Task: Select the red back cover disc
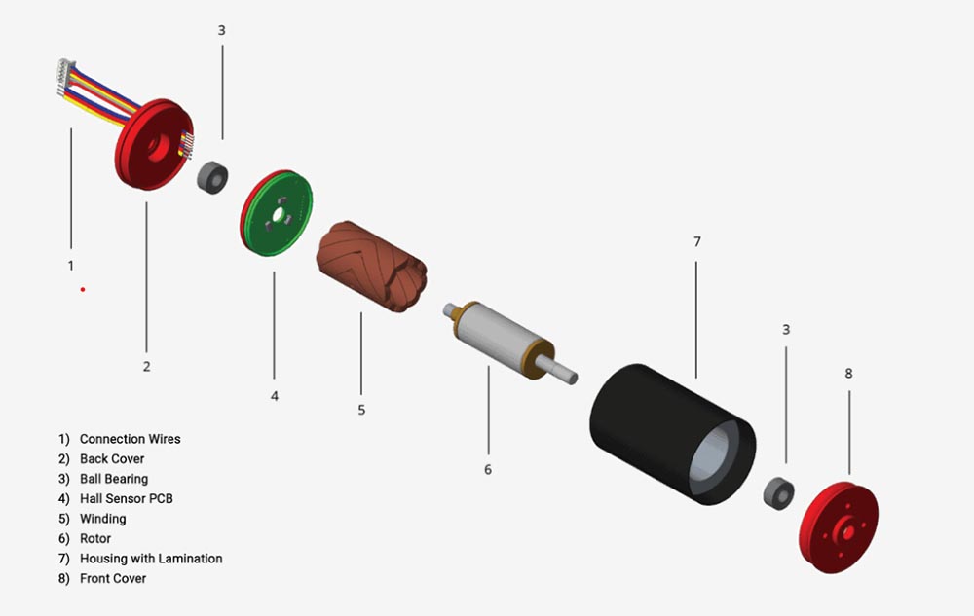[x=146, y=156]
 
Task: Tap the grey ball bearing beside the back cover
[x=212, y=177]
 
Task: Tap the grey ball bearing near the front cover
[x=778, y=492]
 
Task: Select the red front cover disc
[x=840, y=531]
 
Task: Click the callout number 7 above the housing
[x=697, y=241]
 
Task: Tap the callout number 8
[x=848, y=373]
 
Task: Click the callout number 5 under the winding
[x=361, y=410]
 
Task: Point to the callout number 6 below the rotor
[x=488, y=469]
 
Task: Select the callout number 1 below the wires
[x=70, y=265]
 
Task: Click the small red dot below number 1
[x=83, y=289]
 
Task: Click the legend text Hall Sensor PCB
[x=126, y=498]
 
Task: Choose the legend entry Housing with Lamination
[x=151, y=559]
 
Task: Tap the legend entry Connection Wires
[x=130, y=439]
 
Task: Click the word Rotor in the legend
[x=95, y=538]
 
